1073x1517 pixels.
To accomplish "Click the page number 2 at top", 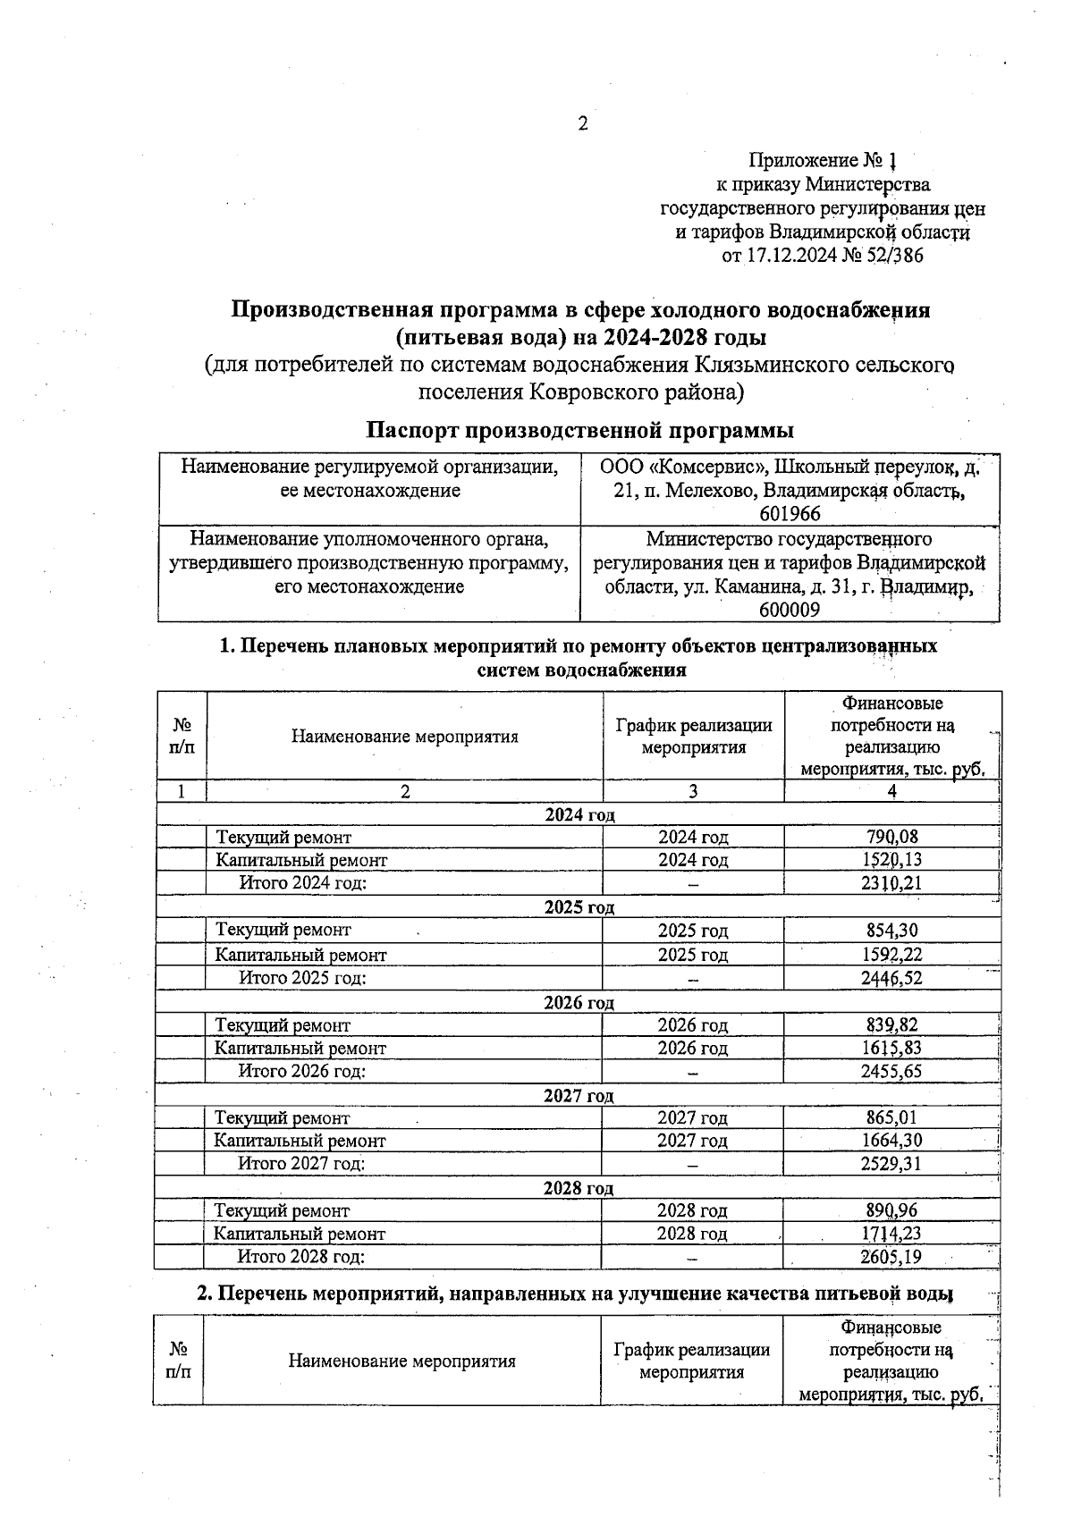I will [x=582, y=124].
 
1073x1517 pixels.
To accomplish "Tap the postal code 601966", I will [x=790, y=514].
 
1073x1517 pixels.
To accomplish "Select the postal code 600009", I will [x=790, y=611].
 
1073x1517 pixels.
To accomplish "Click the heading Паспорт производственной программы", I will [x=580, y=430].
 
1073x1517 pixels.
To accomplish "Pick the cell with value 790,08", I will [x=891, y=837].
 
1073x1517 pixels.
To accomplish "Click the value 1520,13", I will [x=891, y=860].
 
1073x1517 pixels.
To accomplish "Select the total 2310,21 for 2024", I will [x=891, y=883].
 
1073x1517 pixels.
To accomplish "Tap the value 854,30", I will [x=891, y=931].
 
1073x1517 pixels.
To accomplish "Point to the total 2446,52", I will [x=891, y=978].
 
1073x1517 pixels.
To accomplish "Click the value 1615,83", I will [x=891, y=1048].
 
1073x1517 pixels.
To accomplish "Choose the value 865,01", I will [x=891, y=1117].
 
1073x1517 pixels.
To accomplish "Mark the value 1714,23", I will [x=891, y=1234].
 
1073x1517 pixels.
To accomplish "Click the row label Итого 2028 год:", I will [x=301, y=1257].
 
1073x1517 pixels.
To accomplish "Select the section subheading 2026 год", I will [x=579, y=1002].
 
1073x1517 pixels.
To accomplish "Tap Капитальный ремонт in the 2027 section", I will [x=300, y=1141].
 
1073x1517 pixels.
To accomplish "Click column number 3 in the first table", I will [x=693, y=791].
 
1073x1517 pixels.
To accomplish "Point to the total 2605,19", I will [x=891, y=1257].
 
